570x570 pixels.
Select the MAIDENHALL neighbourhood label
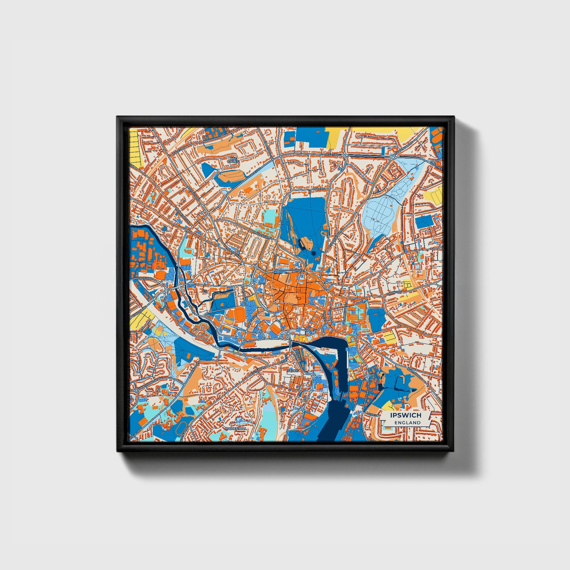pyautogui.click(x=236, y=428)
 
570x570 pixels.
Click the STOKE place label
pyautogui.click(x=293, y=371)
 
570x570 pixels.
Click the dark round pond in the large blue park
pyautogui.click(x=313, y=253)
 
